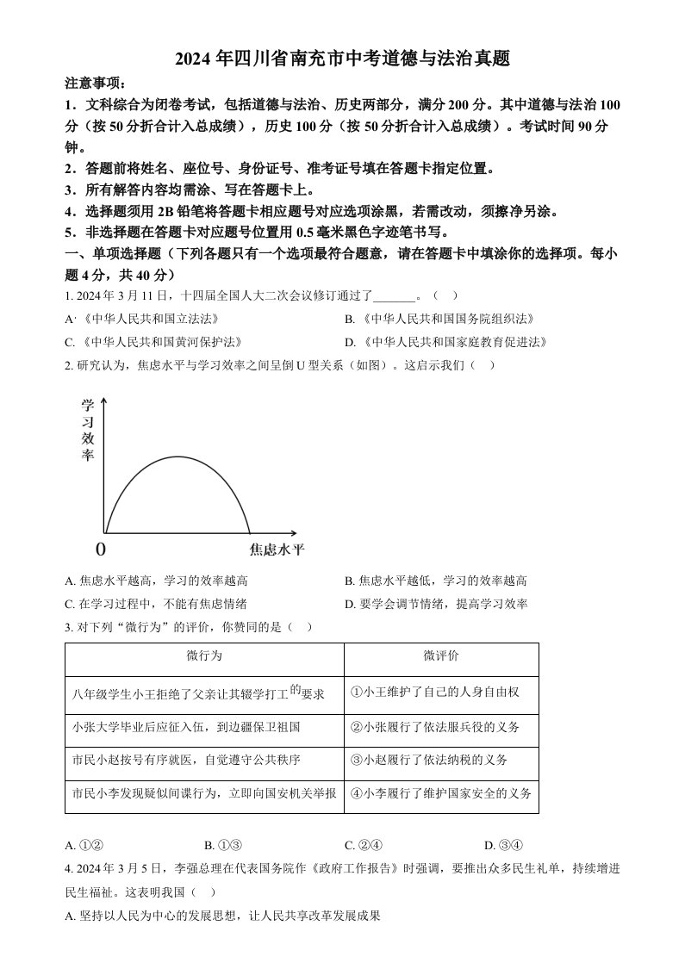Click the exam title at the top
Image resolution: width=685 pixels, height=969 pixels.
(342, 59)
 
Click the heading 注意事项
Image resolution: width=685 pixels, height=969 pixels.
(95, 84)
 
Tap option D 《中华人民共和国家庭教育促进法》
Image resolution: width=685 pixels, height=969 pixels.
(445, 342)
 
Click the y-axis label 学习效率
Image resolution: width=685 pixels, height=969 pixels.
(87, 430)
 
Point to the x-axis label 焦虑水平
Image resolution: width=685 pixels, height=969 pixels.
(277, 548)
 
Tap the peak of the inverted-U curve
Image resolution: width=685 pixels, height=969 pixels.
(178, 456)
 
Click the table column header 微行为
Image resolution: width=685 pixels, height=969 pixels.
(204, 655)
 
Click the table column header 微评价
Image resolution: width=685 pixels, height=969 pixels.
(441, 655)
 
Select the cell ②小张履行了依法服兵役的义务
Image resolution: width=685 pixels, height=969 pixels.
(436, 727)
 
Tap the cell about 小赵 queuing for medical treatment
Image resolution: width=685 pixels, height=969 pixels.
(187, 760)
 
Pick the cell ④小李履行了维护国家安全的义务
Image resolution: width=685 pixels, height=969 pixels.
(441, 793)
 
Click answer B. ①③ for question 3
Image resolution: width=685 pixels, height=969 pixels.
(222, 845)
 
